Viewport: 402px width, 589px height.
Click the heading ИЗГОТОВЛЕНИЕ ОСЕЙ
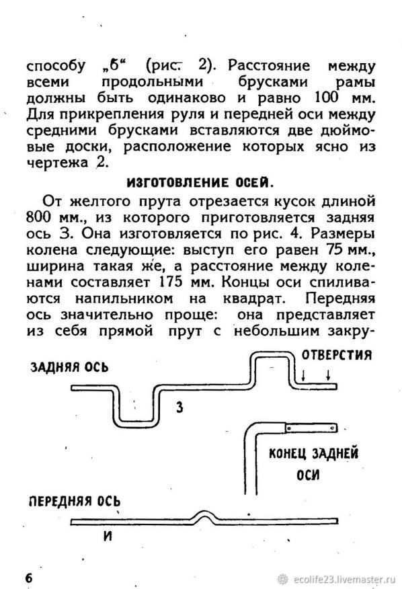pyautogui.click(x=200, y=183)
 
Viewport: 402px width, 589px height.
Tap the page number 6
pyautogui.click(x=29, y=578)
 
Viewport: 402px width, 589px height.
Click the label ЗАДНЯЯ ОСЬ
pyautogui.click(x=69, y=366)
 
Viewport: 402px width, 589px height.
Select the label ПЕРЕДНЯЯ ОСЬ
pyautogui.click(x=75, y=501)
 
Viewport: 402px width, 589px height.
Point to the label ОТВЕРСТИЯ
pyautogui.click(x=337, y=354)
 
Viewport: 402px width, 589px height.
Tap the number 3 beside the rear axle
pyautogui.click(x=180, y=407)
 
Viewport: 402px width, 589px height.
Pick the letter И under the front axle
pyautogui.click(x=108, y=536)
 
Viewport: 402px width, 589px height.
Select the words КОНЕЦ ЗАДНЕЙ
pyautogui.click(x=313, y=453)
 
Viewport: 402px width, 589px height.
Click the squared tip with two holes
pyautogui.click(x=311, y=428)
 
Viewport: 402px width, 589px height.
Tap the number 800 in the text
pyautogui.click(x=38, y=217)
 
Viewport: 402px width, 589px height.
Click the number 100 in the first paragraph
pyautogui.click(x=326, y=98)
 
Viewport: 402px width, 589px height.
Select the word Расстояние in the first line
pyautogui.click(x=269, y=66)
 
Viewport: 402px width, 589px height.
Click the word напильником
pyautogui.click(x=124, y=299)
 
